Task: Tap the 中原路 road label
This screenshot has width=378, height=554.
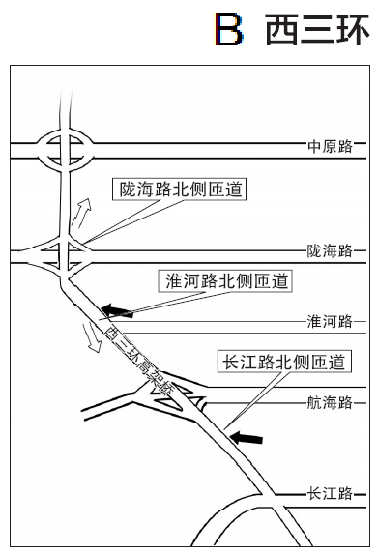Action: [x=331, y=146]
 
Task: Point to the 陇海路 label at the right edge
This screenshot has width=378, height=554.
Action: [x=331, y=251]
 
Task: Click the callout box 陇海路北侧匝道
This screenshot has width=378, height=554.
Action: [x=178, y=190]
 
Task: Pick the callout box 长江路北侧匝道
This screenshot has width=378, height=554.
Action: [x=283, y=363]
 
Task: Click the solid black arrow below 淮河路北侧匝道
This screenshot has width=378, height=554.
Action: [x=117, y=310]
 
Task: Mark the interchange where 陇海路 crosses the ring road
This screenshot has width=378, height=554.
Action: [x=63, y=253]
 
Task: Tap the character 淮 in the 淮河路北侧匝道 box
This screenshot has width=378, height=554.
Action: [x=176, y=281]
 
